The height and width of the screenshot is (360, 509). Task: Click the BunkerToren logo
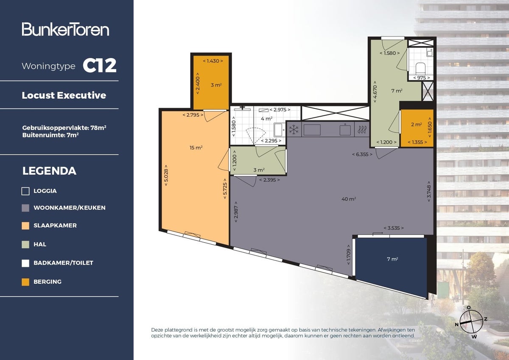[x=66, y=29]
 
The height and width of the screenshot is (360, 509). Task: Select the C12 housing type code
[x=99, y=66]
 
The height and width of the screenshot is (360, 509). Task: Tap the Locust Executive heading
[x=64, y=95]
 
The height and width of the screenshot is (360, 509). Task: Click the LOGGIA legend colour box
[x=25, y=191]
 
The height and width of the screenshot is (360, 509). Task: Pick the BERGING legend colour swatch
[x=25, y=282]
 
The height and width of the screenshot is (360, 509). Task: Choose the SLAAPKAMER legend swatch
[x=25, y=226]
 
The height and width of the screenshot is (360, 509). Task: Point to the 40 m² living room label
[x=349, y=199]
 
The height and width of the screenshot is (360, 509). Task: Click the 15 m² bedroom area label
[x=196, y=148]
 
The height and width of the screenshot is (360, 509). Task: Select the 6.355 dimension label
[x=362, y=154]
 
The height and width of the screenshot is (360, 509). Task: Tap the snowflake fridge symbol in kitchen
[x=294, y=129]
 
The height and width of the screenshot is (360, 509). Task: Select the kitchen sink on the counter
[x=345, y=129]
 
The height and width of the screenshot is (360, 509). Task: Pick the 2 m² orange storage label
[x=416, y=125]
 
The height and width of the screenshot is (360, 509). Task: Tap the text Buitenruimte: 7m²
[x=50, y=136]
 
